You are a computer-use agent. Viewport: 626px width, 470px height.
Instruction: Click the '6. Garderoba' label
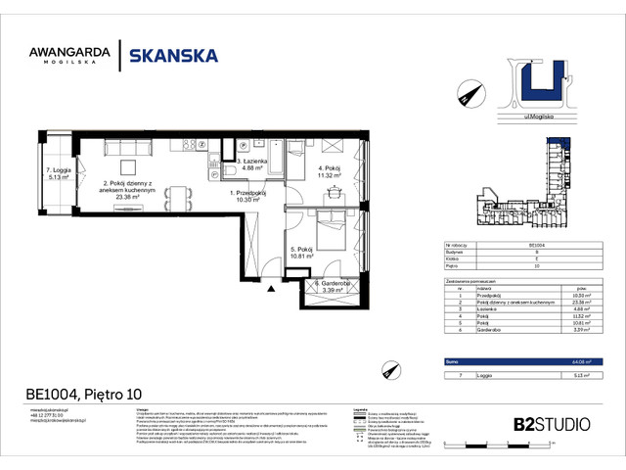(x=331, y=285)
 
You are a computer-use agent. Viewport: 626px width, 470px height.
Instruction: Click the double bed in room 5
(x=331, y=226)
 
